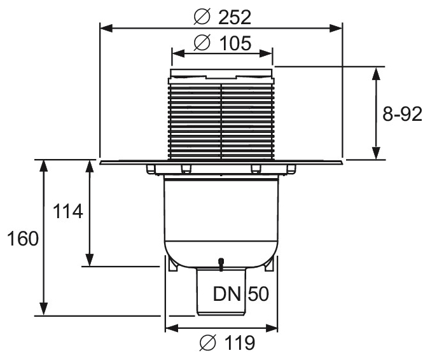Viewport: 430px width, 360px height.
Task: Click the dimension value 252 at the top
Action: [x=235, y=18]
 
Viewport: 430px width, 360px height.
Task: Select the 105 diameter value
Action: [x=235, y=43]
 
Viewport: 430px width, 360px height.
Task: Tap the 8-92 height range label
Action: [x=402, y=114]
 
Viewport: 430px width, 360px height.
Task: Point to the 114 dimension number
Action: [x=67, y=211]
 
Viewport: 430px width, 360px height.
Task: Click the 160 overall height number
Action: [x=22, y=239]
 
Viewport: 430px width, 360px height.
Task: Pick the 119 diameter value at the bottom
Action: [x=239, y=342]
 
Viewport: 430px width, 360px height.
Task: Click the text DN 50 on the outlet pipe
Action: [x=241, y=294]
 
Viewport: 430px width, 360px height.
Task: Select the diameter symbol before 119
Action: [x=208, y=342]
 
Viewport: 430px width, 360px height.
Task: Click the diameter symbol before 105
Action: [x=202, y=43]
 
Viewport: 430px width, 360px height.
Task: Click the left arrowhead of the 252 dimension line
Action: [x=106, y=28]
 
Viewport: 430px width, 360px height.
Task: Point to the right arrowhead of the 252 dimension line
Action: [x=336, y=28]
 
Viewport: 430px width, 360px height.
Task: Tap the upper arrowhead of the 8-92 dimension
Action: [x=377, y=73]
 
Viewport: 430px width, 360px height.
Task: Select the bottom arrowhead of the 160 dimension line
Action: [x=43, y=309]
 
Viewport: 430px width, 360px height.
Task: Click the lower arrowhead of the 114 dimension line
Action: [x=90, y=260]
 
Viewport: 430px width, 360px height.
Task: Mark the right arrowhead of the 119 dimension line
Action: [x=272, y=328]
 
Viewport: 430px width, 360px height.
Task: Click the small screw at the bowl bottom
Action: [x=221, y=264]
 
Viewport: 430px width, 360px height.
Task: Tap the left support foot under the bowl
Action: [x=173, y=265]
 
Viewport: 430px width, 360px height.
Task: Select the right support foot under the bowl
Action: [x=269, y=265]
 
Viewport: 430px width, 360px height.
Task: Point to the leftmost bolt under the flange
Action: [x=151, y=169]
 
